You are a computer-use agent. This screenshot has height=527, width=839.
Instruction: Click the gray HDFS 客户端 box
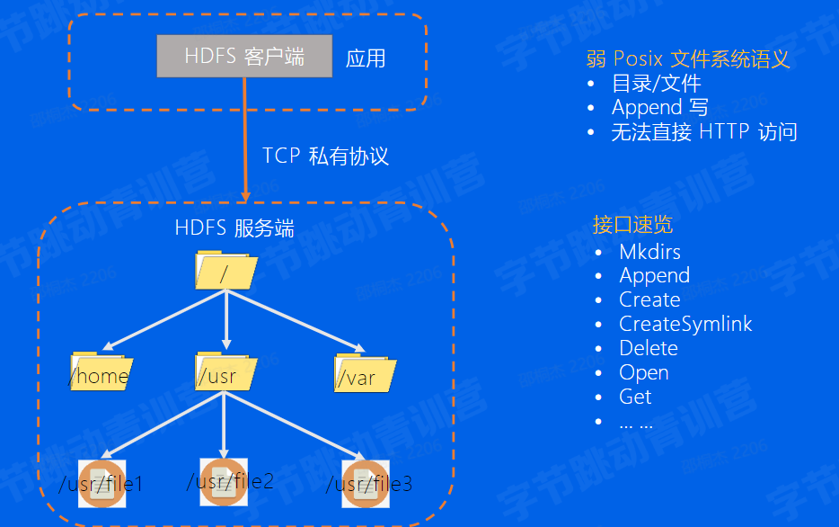(x=244, y=57)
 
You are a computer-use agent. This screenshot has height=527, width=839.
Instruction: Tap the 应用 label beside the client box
(x=366, y=59)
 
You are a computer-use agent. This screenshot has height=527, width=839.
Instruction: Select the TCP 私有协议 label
(x=325, y=156)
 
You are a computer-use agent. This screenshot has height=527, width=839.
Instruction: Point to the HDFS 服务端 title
(x=234, y=228)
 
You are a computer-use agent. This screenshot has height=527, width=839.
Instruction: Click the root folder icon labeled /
(x=225, y=271)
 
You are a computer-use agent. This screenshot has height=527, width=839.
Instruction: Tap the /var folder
(x=365, y=373)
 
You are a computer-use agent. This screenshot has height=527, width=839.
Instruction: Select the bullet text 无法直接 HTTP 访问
(x=703, y=132)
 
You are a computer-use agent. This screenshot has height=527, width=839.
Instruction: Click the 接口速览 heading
(x=632, y=225)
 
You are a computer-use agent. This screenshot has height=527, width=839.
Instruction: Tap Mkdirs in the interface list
(x=649, y=251)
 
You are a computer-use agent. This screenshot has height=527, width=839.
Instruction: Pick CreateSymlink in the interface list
(x=685, y=324)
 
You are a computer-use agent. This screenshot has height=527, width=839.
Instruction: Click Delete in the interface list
(x=648, y=348)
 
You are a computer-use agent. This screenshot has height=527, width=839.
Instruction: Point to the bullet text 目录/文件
(x=656, y=84)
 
